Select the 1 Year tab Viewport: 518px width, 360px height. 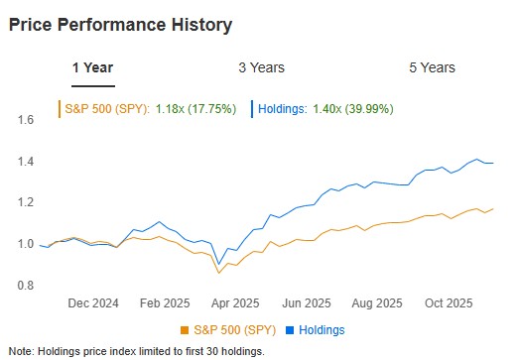click(x=92, y=67)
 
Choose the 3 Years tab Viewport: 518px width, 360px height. click(x=261, y=67)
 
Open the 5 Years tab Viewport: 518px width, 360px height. click(x=432, y=67)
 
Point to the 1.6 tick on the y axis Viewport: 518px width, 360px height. click(x=26, y=120)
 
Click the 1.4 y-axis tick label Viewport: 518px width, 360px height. click(x=26, y=162)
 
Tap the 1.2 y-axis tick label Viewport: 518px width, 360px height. click(x=26, y=202)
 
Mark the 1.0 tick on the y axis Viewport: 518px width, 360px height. click(x=26, y=244)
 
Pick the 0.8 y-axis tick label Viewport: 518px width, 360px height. click(x=26, y=286)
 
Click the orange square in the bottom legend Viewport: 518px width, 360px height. click(x=184, y=330)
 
